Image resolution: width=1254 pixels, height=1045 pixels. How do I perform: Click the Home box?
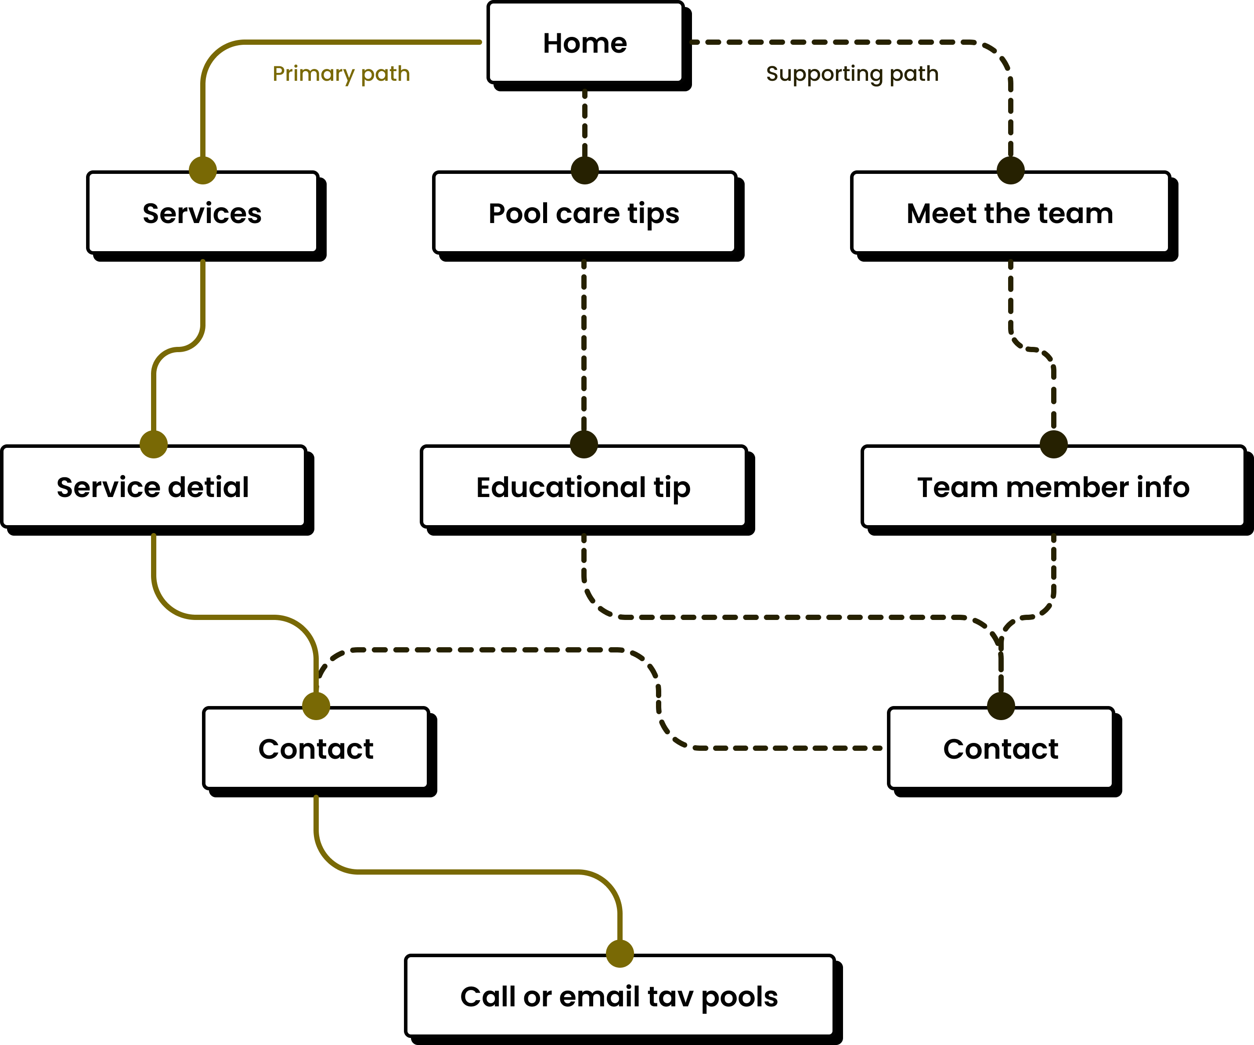[585, 43]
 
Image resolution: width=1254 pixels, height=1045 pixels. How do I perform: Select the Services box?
[202, 213]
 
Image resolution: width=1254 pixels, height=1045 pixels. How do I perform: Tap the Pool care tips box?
[584, 213]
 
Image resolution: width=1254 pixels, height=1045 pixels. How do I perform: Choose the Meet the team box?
[1010, 213]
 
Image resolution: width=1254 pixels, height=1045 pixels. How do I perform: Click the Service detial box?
[154, 486]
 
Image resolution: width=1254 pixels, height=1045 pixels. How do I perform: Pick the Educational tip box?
[584, 486]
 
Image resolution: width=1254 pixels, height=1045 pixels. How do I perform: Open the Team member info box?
[1053, 486]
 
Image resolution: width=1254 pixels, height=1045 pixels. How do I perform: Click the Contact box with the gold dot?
[316, 748]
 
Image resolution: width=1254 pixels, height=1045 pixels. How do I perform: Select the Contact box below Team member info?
[1000, 748]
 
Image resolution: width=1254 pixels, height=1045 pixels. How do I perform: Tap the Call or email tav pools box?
[619, 996]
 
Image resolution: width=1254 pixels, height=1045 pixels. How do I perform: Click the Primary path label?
[341, 73]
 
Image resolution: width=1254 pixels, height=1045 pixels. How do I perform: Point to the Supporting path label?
[852, 73]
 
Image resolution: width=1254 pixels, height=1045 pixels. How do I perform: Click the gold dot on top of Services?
[202, 170]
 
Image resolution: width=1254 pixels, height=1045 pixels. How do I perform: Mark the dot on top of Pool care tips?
[584, 170]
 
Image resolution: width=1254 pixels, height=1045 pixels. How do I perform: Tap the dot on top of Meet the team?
[1010, 170]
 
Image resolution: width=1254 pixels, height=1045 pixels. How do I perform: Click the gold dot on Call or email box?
[620, 953]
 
